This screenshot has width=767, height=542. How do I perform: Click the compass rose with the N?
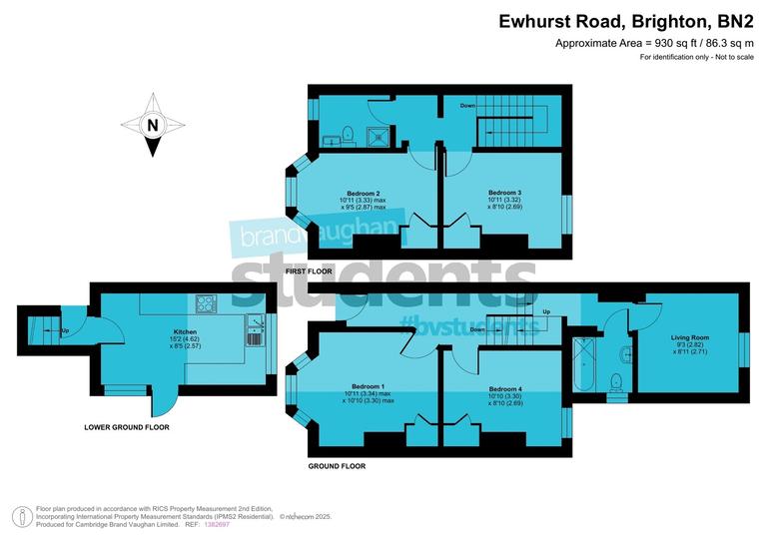[x=152, y=125]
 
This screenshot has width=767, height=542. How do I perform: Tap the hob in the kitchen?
[x=207, y=303]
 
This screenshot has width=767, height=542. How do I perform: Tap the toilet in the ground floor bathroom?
[x=616, y=380]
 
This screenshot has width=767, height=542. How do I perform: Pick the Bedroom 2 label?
[x=364, y=193]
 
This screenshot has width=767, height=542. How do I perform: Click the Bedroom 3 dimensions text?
[x=505, y=206]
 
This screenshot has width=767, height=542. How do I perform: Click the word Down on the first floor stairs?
[x=467, y=105]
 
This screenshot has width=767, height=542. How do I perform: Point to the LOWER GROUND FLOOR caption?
[x=127, y=427]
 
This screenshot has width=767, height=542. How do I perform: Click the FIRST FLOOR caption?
[x=309, y=271]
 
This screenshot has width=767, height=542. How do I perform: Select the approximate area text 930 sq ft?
[x=653, y=43]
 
